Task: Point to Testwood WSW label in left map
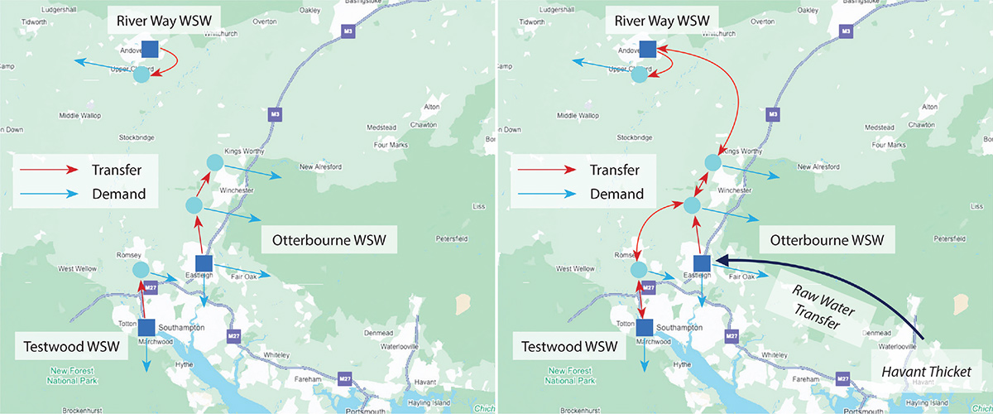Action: coord(71,344)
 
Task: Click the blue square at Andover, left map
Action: coord(150,49)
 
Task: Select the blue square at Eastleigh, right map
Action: coord(702,262)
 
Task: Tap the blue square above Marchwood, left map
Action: coord(147,327)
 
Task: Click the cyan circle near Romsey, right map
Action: coord(638,270)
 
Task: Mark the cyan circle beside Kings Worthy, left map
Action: coord(213,162)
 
